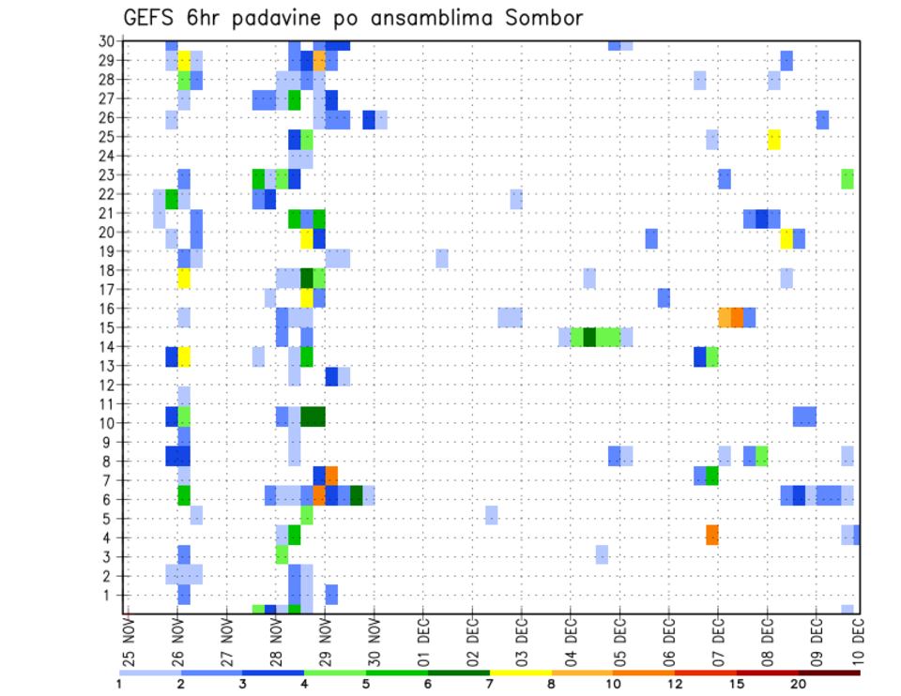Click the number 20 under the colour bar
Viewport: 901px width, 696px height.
click(x=799, y=684)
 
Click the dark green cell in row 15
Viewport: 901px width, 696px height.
click(x=589, y=337)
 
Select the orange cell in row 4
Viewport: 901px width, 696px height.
click(x=712, y=535)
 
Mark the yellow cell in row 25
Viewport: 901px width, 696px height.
click(x=773, y=139)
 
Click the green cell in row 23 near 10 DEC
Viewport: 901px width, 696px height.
click(x=848, y=178)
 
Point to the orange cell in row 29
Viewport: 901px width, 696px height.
click(x=319, y=61)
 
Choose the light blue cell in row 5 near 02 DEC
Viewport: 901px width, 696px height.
click(x=491, y=515)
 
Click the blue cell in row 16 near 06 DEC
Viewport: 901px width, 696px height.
click(x=664, y=297)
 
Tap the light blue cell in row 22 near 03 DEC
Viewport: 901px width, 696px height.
click(x=516, y=199)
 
